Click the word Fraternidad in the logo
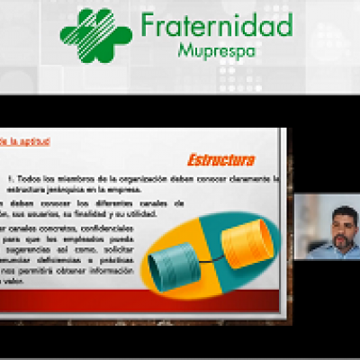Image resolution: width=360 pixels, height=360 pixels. [217, 24]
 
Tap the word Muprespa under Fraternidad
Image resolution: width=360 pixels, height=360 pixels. [218, 50]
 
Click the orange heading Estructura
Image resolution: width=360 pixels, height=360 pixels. [221, 160]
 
